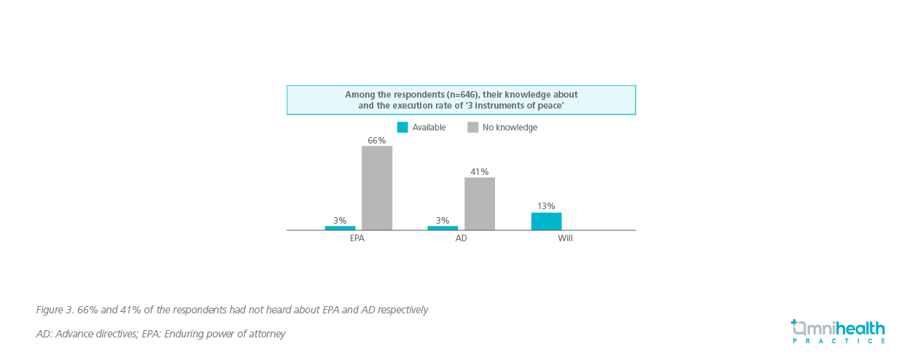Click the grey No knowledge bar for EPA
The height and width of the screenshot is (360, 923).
coord(377,188)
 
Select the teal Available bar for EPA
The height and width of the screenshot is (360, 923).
coord(340,228)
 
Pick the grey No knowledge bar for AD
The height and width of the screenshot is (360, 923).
coord(479,203)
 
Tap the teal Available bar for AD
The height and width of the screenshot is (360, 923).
coord(443,228)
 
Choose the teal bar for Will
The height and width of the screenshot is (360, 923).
coord(546,221)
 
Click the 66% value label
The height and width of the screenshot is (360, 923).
coord(377,141)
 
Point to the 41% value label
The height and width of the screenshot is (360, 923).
coord(479,172)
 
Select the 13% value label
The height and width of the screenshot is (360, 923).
coord(546,206)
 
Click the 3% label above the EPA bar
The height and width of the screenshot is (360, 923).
coord(340,220)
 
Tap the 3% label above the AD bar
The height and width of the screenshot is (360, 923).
coord(443,220)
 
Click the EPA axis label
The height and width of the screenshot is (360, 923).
coord(357,238)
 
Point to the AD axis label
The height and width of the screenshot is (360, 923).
coord(461,238)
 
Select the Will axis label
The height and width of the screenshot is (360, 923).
coord(565,238)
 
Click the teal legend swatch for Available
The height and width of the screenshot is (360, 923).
coord(402,128)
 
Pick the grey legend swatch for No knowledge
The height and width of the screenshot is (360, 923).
coord(472,128)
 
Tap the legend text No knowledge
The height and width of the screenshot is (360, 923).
coord(510,128)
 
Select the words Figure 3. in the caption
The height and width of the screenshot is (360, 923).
coord(55,310)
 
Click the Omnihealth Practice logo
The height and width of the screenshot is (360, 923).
coord(838,331)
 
